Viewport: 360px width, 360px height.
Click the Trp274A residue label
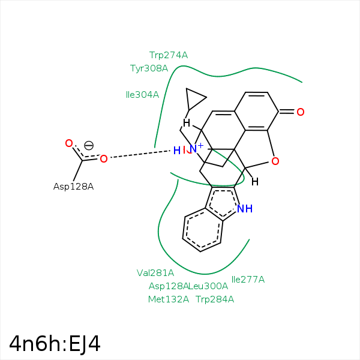169,55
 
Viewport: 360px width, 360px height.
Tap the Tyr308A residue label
149,68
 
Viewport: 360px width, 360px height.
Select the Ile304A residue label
142,95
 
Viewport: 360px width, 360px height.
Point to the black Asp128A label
73,187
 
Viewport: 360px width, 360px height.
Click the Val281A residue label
155,273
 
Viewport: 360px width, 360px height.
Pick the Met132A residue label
169,299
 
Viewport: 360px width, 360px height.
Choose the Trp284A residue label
215,299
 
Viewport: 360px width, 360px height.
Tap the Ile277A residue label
248,279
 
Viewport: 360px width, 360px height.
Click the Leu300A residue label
209,286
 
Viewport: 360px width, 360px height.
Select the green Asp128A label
169,286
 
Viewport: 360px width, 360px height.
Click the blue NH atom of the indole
245,209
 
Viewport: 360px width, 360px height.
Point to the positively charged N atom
194,149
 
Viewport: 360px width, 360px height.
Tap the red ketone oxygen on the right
301,112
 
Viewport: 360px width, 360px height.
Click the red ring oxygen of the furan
275,161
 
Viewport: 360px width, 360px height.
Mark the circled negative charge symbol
89,145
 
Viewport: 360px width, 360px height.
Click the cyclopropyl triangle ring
195,98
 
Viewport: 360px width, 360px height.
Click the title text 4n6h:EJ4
55,344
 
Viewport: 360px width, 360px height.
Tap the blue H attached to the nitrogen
176,151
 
